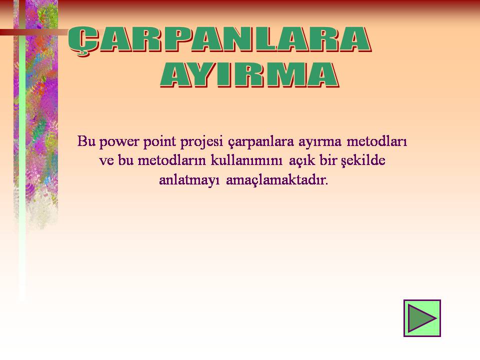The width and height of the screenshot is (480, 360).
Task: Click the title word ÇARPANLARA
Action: pos(219,41)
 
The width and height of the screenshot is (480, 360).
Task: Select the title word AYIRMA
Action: pos(249,75)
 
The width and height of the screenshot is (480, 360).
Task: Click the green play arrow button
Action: pos(422,318)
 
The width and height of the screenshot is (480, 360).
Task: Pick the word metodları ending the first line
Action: pos(377,141)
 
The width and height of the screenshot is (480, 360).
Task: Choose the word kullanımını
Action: pos(246,160)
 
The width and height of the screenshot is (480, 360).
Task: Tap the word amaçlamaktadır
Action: pos(277,180)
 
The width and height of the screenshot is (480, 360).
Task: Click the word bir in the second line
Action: pos(328,160)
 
